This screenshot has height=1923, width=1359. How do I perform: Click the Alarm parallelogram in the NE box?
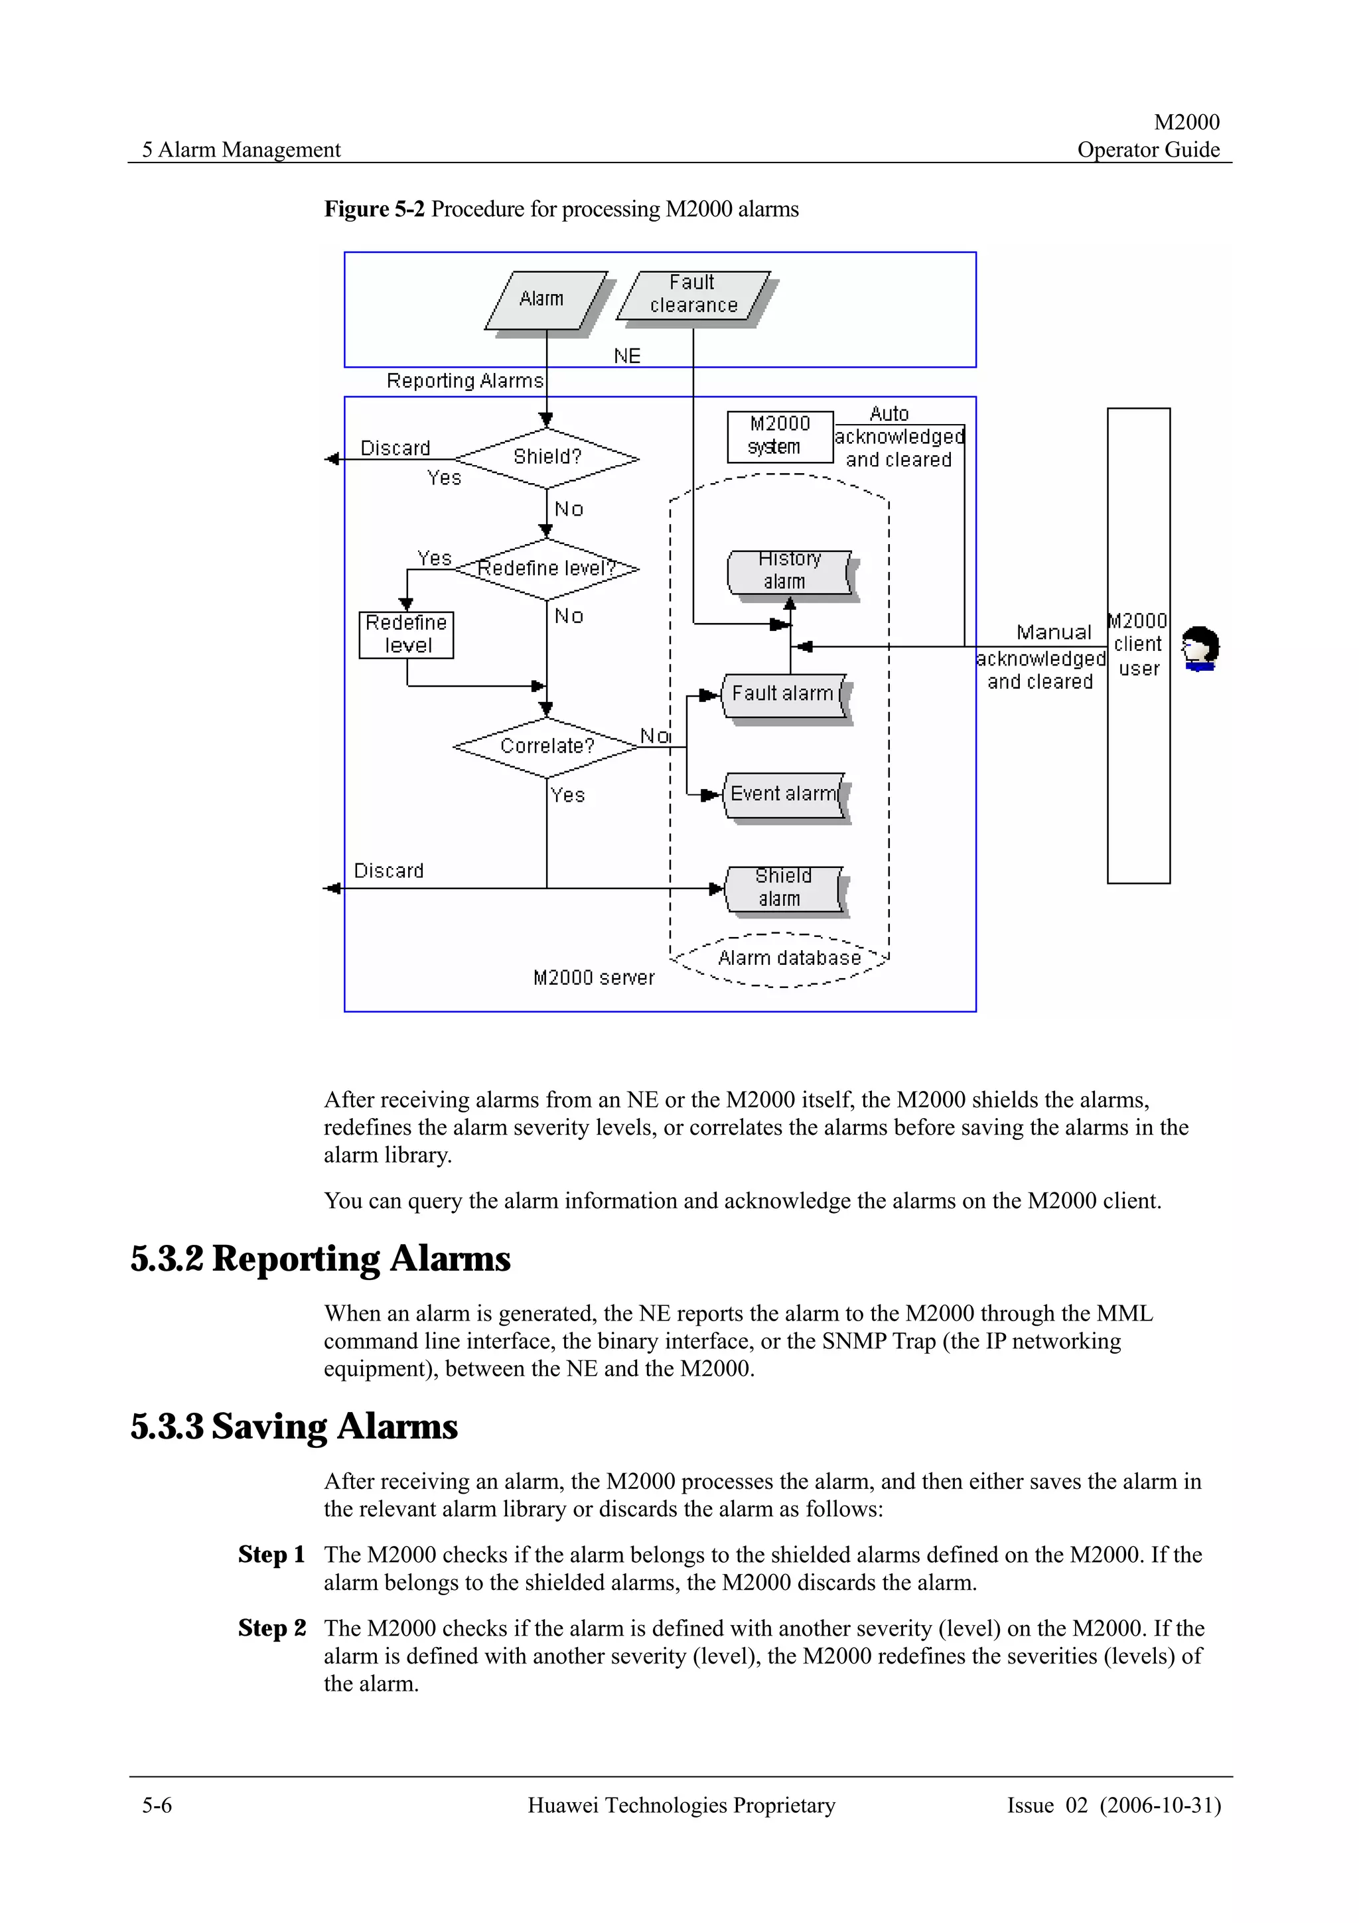[x=545, y=299]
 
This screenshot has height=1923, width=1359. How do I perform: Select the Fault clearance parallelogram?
[x=693, y=295]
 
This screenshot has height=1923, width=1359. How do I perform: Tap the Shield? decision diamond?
[x=547, y=457]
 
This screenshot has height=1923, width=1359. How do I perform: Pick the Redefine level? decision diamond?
[x=547, y=569]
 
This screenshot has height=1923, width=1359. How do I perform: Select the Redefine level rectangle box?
[x=406, y=635]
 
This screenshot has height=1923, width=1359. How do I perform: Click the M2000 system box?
[x=780, y=437]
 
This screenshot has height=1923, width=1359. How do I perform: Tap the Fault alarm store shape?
[x=783, y=694]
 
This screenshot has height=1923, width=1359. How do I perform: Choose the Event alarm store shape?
[x=784, y=794]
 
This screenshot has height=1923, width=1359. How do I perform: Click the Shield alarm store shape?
[x=782, y=888]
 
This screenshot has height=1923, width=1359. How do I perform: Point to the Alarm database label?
[x=789, y=958]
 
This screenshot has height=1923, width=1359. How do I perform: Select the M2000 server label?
[x=594, y=978]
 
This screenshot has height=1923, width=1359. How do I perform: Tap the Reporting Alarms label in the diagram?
[x=465, y=381]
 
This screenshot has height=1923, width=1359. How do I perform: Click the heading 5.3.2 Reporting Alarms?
[x=320, y=1259]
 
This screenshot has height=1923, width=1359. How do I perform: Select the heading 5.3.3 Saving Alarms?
[x=294, y=1427]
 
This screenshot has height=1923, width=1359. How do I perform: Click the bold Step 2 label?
[x=271, y=1628]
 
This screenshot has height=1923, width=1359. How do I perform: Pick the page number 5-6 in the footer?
[x=157, y=1806]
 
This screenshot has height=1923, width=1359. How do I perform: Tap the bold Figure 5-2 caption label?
[x=374, y=210]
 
